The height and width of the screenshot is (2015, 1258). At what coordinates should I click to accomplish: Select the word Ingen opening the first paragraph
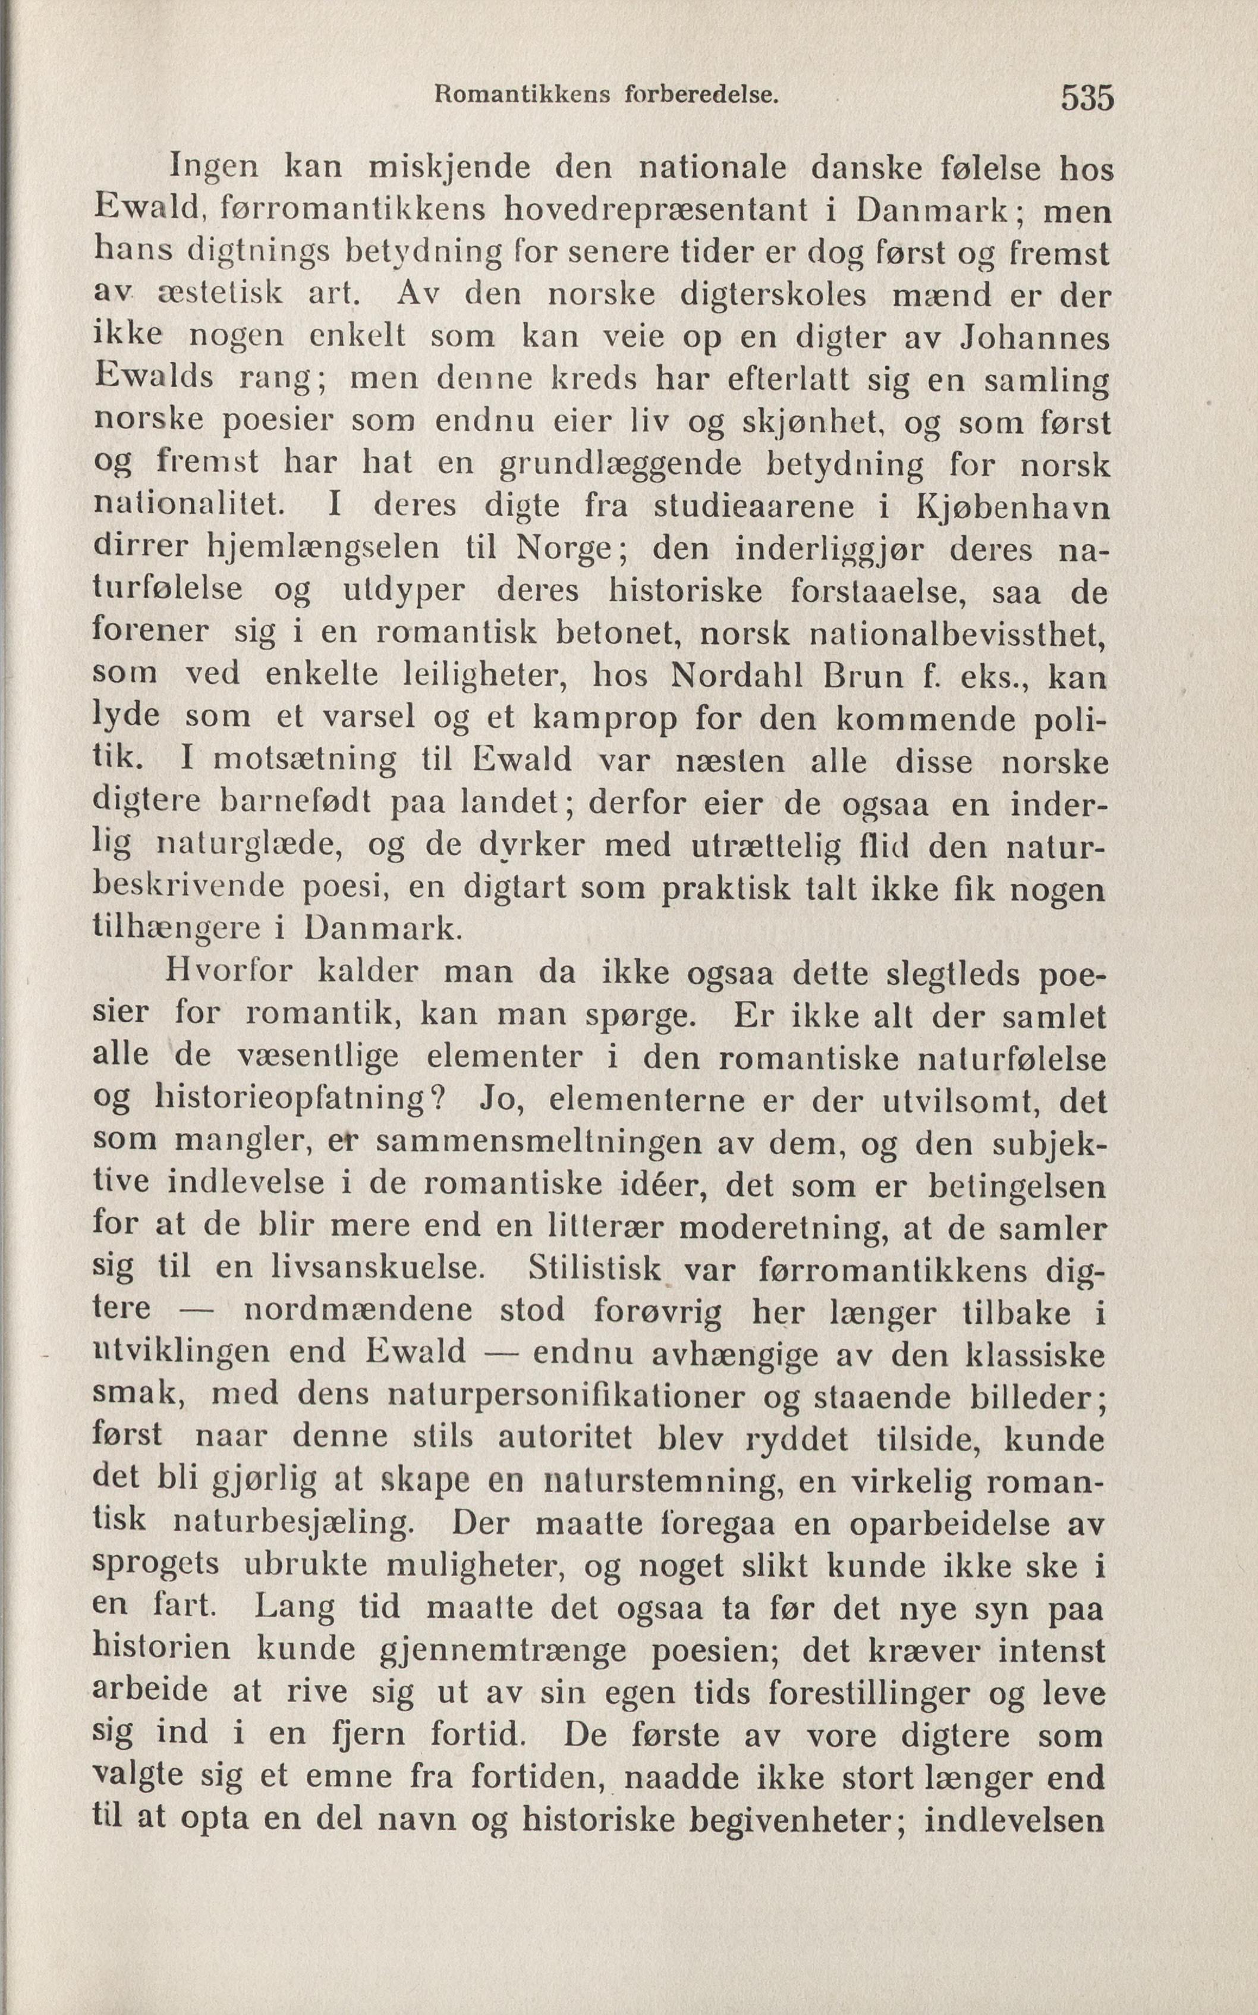point(214,168)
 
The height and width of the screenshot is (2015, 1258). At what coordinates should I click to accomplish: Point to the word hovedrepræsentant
point(656,210)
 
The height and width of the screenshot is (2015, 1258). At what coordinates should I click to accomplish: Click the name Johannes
point(1034,337)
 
